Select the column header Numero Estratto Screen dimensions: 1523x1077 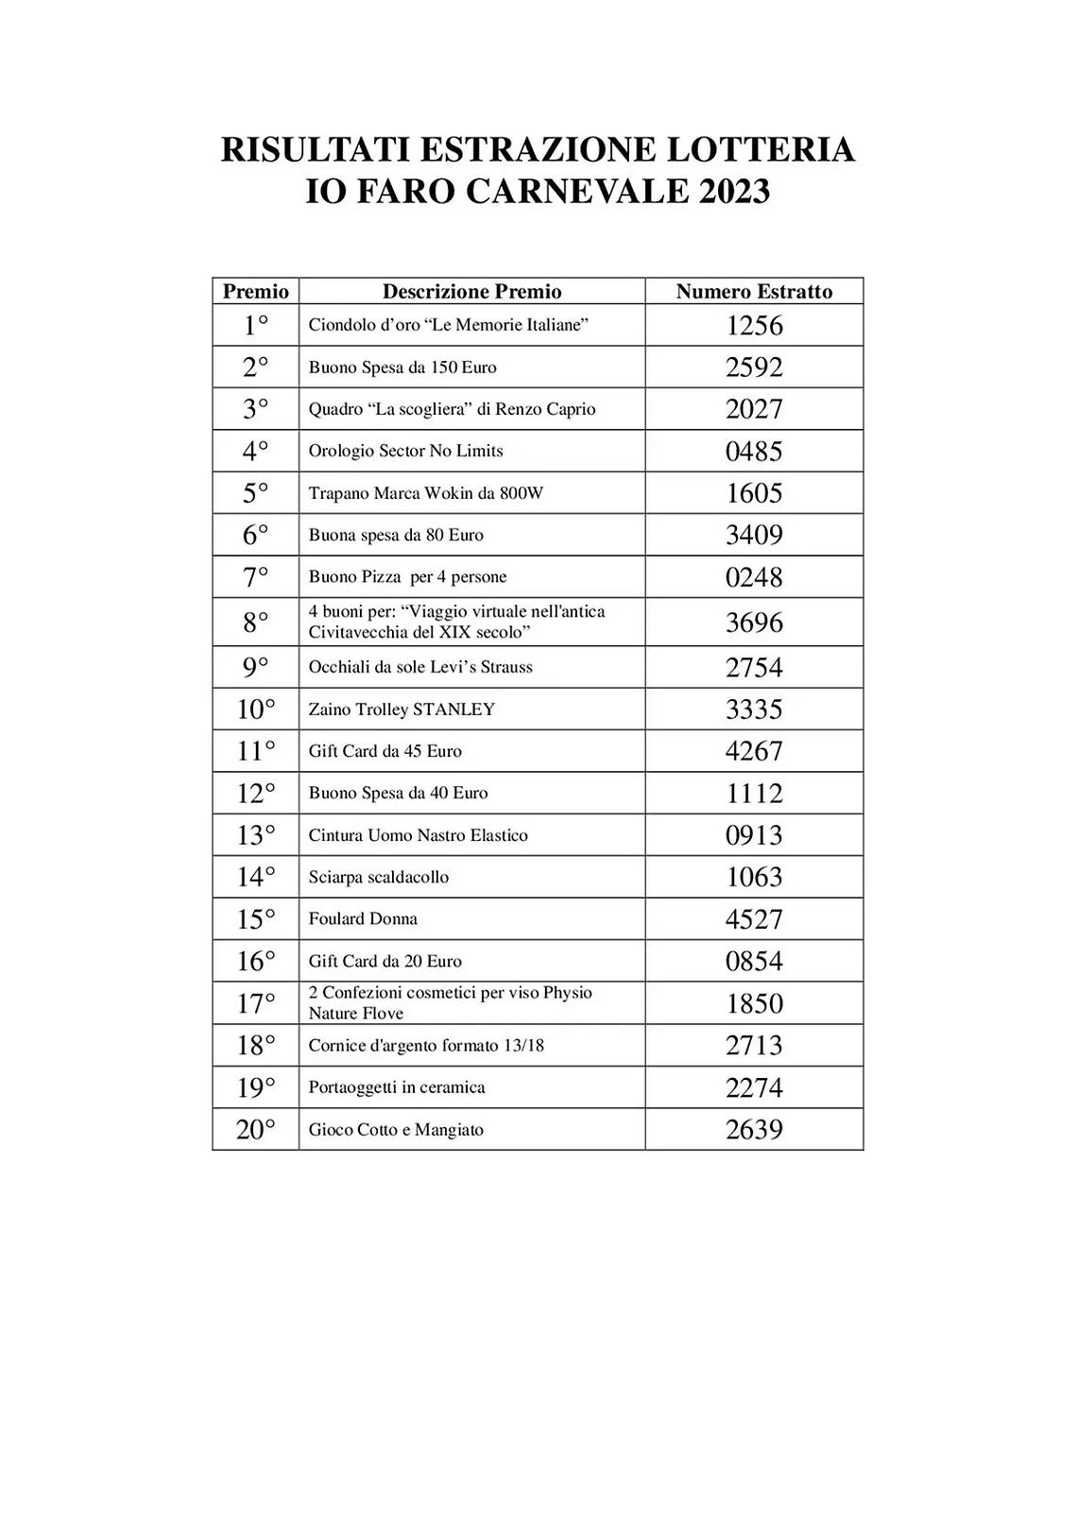click(x=754, y=291)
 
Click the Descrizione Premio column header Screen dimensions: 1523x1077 click(x=471, y=291)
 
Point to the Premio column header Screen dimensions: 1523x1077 click(x=255, y=291)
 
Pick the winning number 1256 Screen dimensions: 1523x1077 click(x=754, y=325)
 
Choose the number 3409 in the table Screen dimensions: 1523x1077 click(x=754, y=535)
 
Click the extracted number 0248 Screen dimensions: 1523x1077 click(x=754, y=576)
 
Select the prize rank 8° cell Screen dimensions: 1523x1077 click(x=255, y=622)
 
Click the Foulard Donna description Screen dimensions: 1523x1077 click(x=363, y=919)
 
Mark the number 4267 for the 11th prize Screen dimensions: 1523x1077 click(x=754, y=751)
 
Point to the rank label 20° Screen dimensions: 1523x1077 click(x=255, y=1129)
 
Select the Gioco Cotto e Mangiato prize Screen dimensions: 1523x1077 click(x=396, y=1130)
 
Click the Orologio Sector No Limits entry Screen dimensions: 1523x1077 click(x=405, y=451)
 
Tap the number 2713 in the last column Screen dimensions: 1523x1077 click(x=754, y=1045)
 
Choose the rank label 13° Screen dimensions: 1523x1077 click(x=255, y=835)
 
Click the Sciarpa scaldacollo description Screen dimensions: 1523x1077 click(x=379, y=877)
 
